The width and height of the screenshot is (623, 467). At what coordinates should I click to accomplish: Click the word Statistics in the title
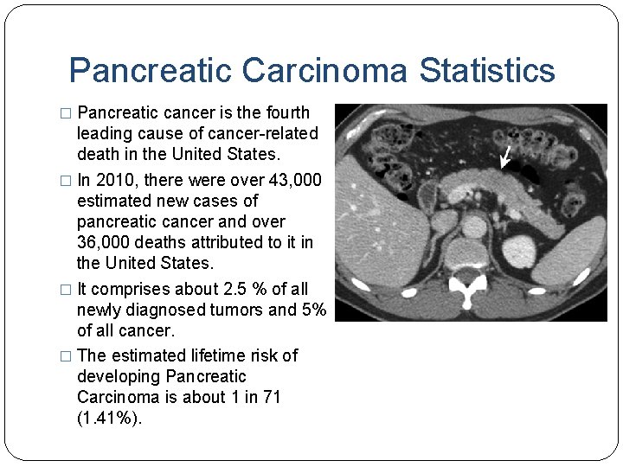tap(487, 70)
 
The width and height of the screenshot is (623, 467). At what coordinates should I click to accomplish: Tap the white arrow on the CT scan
tap(506, 157)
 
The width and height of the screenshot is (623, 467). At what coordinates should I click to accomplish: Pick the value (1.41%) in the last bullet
tap(108, 419)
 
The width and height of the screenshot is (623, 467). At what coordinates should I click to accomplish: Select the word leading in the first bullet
tap(102, 133)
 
